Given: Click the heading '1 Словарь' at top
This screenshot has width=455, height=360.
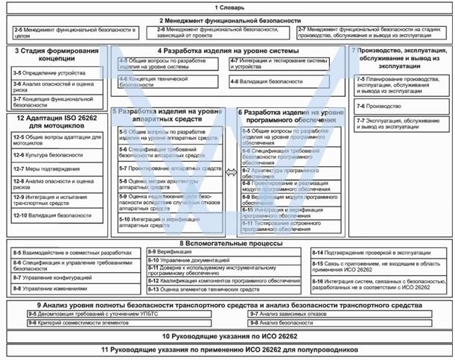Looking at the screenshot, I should (227, 7).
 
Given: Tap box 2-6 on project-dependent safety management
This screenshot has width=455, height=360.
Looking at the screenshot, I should (224, 34).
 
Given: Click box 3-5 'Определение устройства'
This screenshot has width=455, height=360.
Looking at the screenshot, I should (55, 74).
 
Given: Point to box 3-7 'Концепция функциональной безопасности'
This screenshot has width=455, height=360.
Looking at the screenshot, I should (55, 100).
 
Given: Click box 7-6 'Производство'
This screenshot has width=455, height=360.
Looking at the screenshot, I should (398, 107).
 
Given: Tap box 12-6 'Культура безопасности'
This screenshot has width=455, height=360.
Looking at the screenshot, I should (55, 155).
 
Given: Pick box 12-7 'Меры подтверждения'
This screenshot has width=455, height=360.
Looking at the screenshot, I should (55, 168).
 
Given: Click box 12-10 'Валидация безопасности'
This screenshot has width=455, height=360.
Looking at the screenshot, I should (55, 215).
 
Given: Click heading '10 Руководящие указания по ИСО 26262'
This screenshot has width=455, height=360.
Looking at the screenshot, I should (227, 337).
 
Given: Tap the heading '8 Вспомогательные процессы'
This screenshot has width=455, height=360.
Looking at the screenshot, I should (227, 243).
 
